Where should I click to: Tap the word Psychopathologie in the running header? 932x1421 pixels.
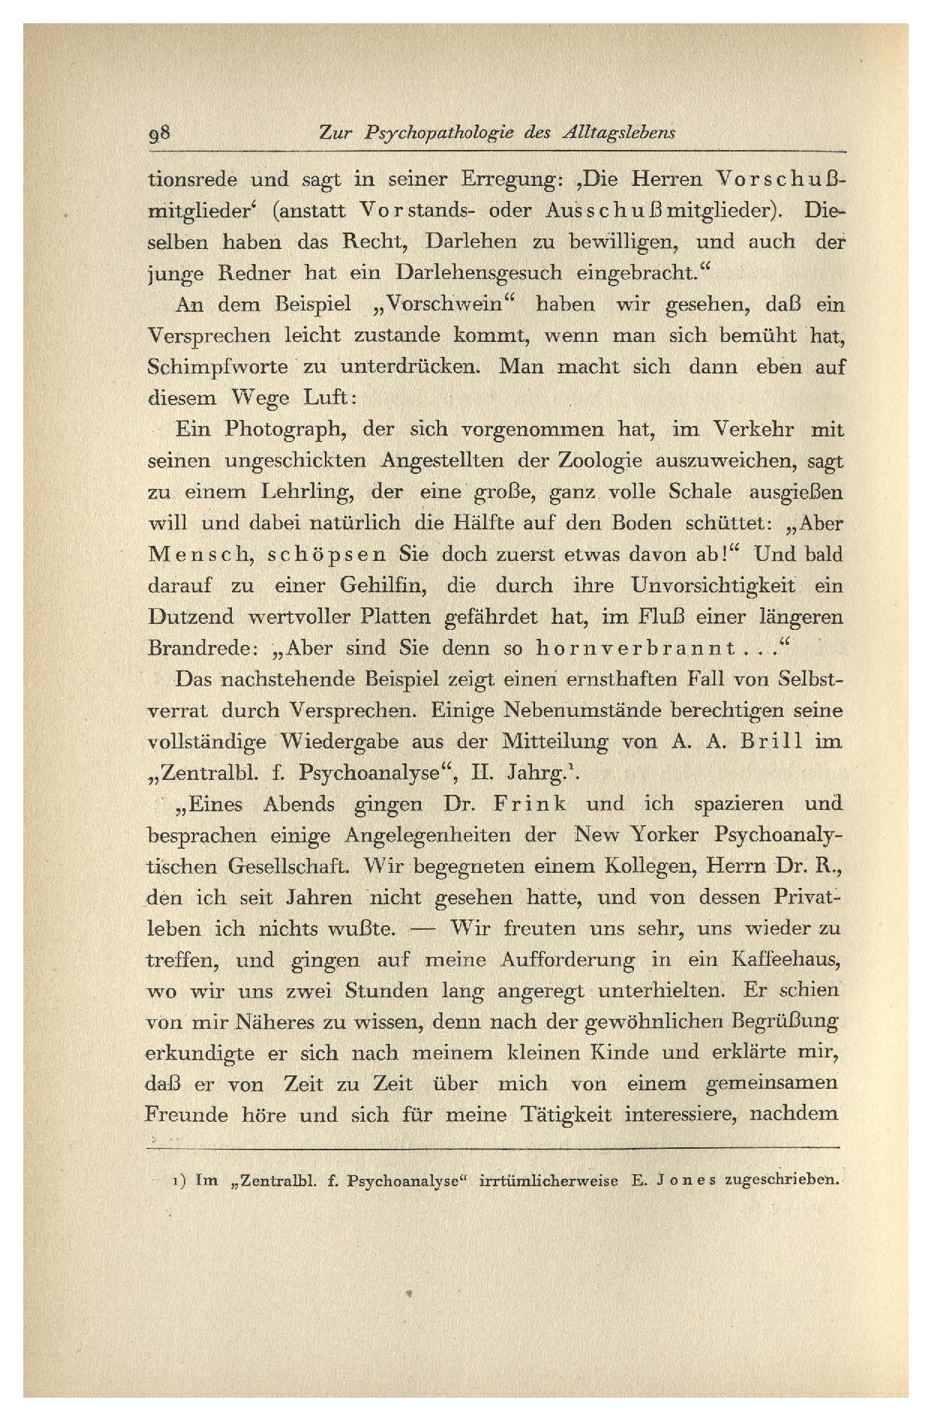point(440,133)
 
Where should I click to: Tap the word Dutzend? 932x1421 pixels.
point(191,617)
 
